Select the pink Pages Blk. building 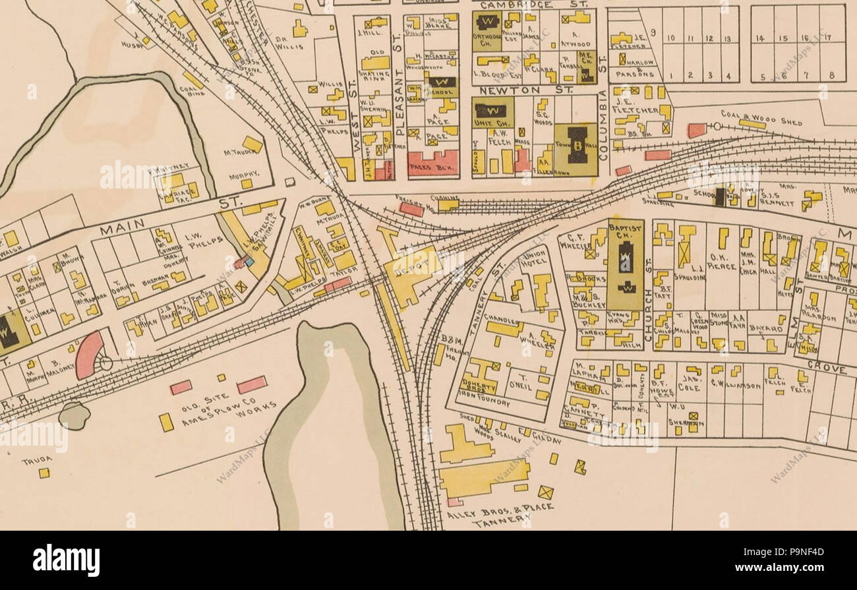[432, 162]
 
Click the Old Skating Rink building [375, 63]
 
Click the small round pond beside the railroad [74, 416]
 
